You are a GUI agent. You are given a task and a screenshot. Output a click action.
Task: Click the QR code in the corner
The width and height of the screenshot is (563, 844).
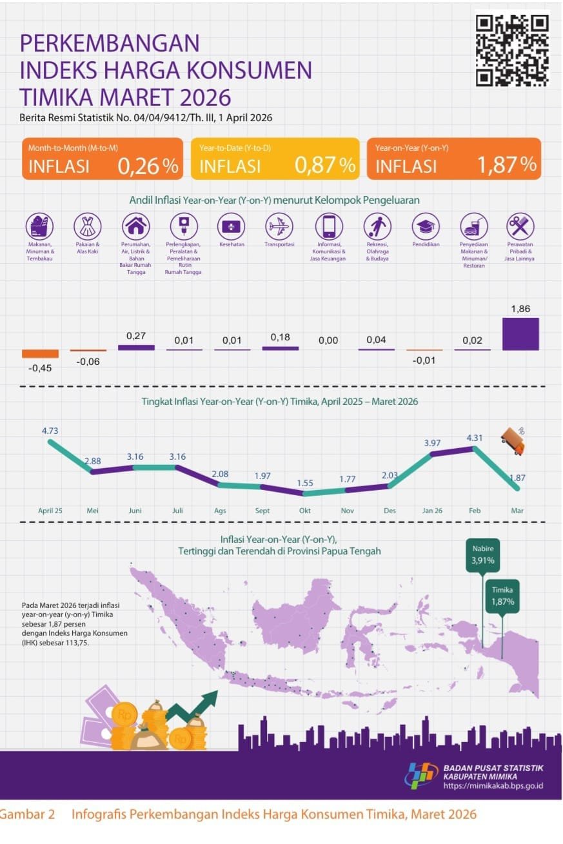point(512,50)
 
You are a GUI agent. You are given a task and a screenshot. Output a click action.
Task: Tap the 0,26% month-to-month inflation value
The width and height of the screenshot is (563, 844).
point(148,166)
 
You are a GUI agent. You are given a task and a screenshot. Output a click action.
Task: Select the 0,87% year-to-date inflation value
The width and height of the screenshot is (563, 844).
point(325,166)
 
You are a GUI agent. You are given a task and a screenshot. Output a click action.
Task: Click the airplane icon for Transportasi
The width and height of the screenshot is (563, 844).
point(279,226)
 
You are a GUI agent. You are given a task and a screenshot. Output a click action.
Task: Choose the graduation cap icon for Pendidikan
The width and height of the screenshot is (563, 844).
point(426,226)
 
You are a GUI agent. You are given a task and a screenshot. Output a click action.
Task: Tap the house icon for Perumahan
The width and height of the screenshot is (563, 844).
point(135,226)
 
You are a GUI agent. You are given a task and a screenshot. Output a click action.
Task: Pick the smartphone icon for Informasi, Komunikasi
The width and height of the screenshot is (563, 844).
point(328,226)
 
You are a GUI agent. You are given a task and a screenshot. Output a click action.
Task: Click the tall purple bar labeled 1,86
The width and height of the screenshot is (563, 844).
point(520,334)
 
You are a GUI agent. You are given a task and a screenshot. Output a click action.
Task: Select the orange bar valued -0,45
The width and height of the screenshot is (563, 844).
point(40,353)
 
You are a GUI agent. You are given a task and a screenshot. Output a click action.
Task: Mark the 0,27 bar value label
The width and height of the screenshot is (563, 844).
point(135,335)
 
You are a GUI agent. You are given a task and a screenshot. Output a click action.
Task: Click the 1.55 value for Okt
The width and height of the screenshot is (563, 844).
point(304,482)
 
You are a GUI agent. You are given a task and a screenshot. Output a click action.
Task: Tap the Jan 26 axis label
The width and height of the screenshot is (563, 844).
point(433,511)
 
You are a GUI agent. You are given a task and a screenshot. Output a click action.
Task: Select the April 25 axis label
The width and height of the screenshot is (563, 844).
point(50,511)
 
